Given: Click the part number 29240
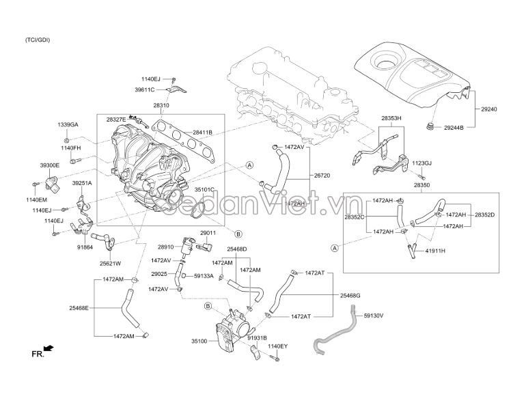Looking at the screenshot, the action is coord(488,109).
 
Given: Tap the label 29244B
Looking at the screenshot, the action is coord(454,128).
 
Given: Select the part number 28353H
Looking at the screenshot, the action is coord(391,118).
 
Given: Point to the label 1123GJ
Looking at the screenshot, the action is coord(421,163).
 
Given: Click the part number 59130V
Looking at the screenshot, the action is coord(374,316).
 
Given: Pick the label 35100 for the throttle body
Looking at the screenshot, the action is coord(199,342).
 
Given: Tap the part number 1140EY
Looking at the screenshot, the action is coord(278,346).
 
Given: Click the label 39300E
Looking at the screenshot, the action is coord(50,165).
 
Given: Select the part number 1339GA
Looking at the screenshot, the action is coord(68,124).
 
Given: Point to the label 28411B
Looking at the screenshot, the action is coord(203,133).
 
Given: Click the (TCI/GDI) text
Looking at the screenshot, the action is coord(38,40).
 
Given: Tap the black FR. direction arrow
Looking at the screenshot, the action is coord(49,348).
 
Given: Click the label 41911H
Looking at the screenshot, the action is coord(435,251).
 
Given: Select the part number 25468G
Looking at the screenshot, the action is coord(350,296).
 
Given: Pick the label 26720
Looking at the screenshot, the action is coord(322,175).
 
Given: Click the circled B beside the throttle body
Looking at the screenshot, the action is coord(208,306).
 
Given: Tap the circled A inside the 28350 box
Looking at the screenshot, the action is coord(335,248).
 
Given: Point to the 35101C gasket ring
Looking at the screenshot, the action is coord(198,210).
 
